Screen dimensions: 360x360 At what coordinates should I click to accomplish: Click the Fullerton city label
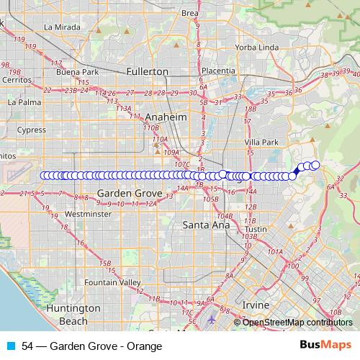pyautogui.click(x=146, y=71)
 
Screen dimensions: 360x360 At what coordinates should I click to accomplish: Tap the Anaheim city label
pyautogui.click(x=166, y=117)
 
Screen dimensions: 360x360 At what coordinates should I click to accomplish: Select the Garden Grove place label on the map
pyautogui.click(x=124, y=194)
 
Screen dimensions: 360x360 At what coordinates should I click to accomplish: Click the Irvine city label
pyautogui.click(x=255, y=305)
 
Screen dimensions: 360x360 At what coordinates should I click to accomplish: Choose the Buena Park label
pyautogui.click(x=76, y=72)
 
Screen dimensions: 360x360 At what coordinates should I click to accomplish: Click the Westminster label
pyautogui.click(x=86, y=214)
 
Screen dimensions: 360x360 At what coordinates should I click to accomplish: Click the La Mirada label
pyautogui.click(x=59, y=27)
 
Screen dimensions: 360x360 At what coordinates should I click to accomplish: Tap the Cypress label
pyautogui.click(x=31, y=130)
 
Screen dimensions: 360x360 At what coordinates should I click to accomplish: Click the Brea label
pyautogui.click(x=189, y=13)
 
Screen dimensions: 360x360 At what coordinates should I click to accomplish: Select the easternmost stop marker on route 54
pyautogui.click(x=315, y=166)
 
